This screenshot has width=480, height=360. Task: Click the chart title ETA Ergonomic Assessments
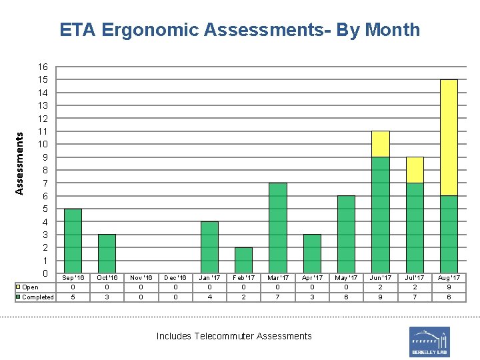point(239,30)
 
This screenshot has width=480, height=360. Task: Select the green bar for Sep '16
point(73,241)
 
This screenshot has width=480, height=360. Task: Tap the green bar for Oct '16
point(107,253)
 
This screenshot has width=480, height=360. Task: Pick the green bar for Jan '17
point(209,247)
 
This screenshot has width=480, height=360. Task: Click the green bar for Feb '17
point(243,260)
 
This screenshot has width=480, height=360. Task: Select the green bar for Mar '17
point(278,228)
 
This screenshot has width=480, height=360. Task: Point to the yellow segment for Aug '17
point(449,137)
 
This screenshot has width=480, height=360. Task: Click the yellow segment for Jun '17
point(380,144)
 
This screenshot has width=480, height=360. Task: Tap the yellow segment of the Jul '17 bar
point(415,170)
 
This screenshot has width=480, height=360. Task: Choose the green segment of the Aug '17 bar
point(449,234)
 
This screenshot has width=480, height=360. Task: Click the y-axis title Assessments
point(19,163)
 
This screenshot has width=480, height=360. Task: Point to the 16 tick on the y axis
point(43,67)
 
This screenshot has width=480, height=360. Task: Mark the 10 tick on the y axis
point(43,144)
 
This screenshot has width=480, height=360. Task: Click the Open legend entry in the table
point(29,287)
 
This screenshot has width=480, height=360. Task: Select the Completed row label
point(37,297)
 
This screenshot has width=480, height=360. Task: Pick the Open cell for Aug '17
point(449,287)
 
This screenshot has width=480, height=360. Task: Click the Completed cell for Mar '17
point(278,297)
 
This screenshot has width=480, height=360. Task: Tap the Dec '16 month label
point(175,277)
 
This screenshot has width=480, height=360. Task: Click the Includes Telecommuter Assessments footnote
point(234,336)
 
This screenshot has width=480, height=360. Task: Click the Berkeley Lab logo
point(429,341)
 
